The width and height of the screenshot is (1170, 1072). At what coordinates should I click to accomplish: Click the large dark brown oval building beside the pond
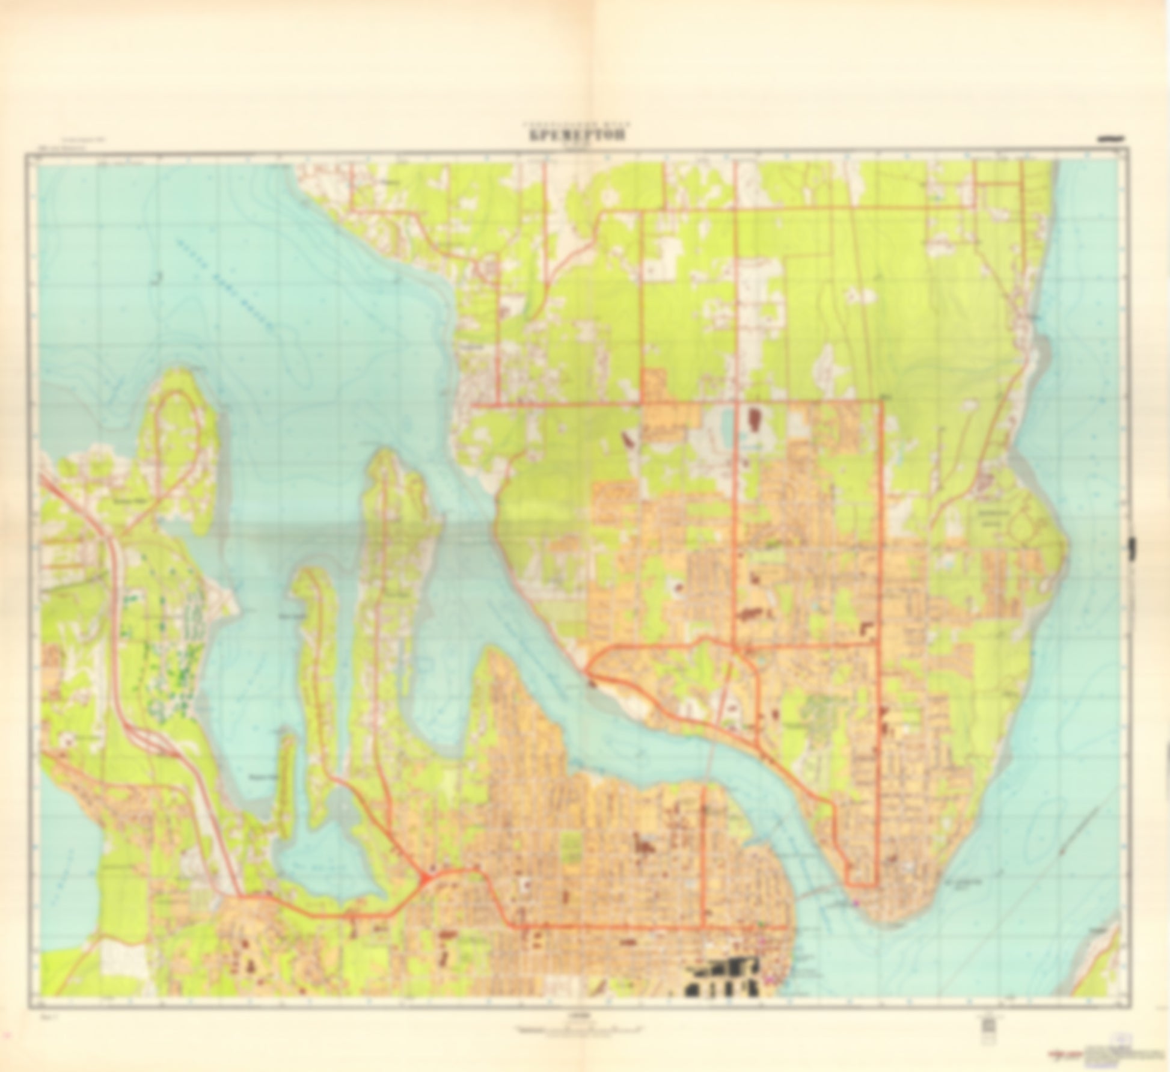tap(753, 418)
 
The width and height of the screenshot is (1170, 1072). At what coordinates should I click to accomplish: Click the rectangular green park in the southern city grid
tap(572, 854)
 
